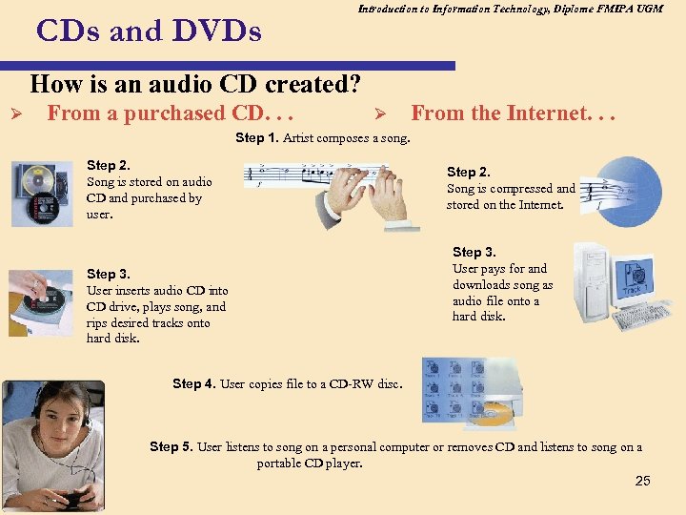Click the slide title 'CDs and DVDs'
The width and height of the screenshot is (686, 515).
click(148, 31)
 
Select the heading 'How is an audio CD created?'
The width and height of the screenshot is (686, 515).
click(195, 84)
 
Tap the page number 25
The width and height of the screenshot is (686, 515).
click(642, 481)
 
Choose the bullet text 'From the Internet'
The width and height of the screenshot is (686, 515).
click(514, 113)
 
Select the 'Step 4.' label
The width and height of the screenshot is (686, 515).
click(194, 383)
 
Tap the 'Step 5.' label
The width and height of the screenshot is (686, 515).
click(171, 446)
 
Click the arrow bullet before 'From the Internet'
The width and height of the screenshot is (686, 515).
click(378, 114)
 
